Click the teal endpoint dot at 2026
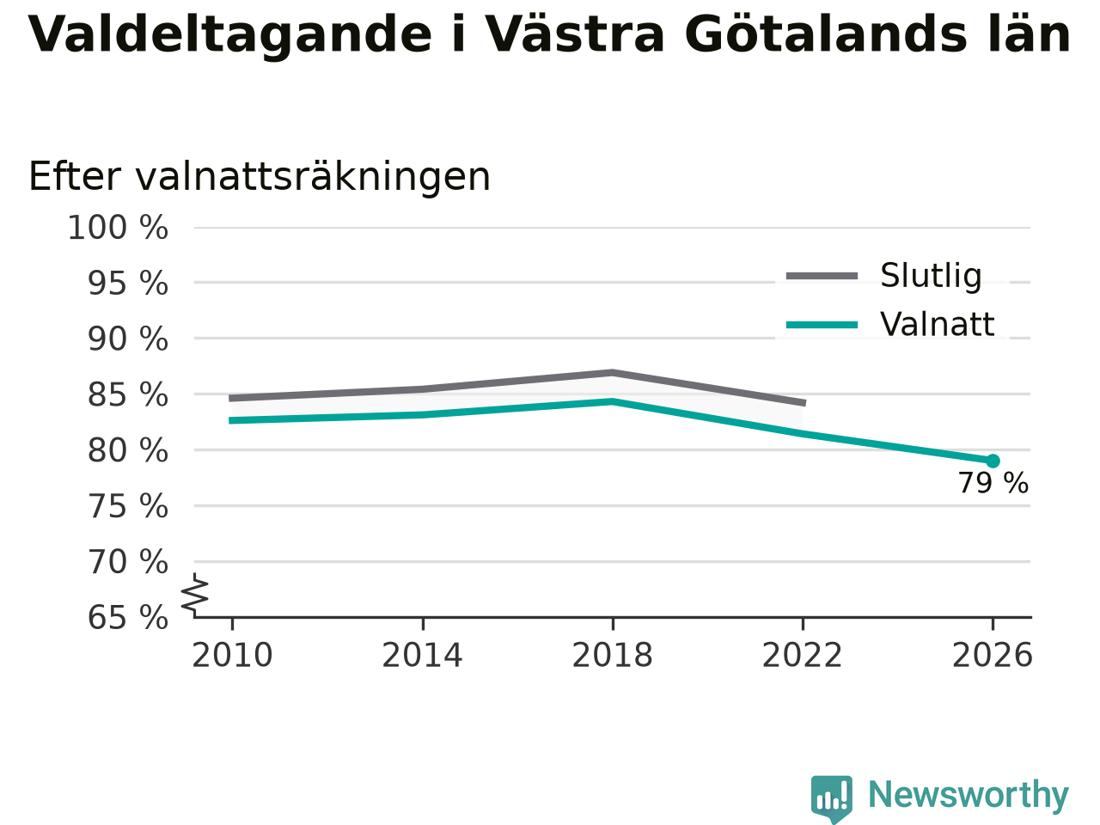pos(993,461)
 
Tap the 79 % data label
pos(993,483)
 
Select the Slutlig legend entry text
pos(931,276)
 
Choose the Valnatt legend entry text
pos(937,325)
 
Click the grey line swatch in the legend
pos(822,276)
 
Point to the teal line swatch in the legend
pos(822,325)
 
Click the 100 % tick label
pos(118,228)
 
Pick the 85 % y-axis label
pos(128,394)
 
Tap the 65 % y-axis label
pos(128,617)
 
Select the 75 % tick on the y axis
pos(128,506)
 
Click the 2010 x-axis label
pos(232,655)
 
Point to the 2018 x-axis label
pos(613,655)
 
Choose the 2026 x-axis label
pos(993,655)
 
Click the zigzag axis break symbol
pos(194,595)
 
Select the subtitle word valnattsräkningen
pos(313,178)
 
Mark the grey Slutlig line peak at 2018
pos(613,373)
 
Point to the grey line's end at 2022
pos(805,403)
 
